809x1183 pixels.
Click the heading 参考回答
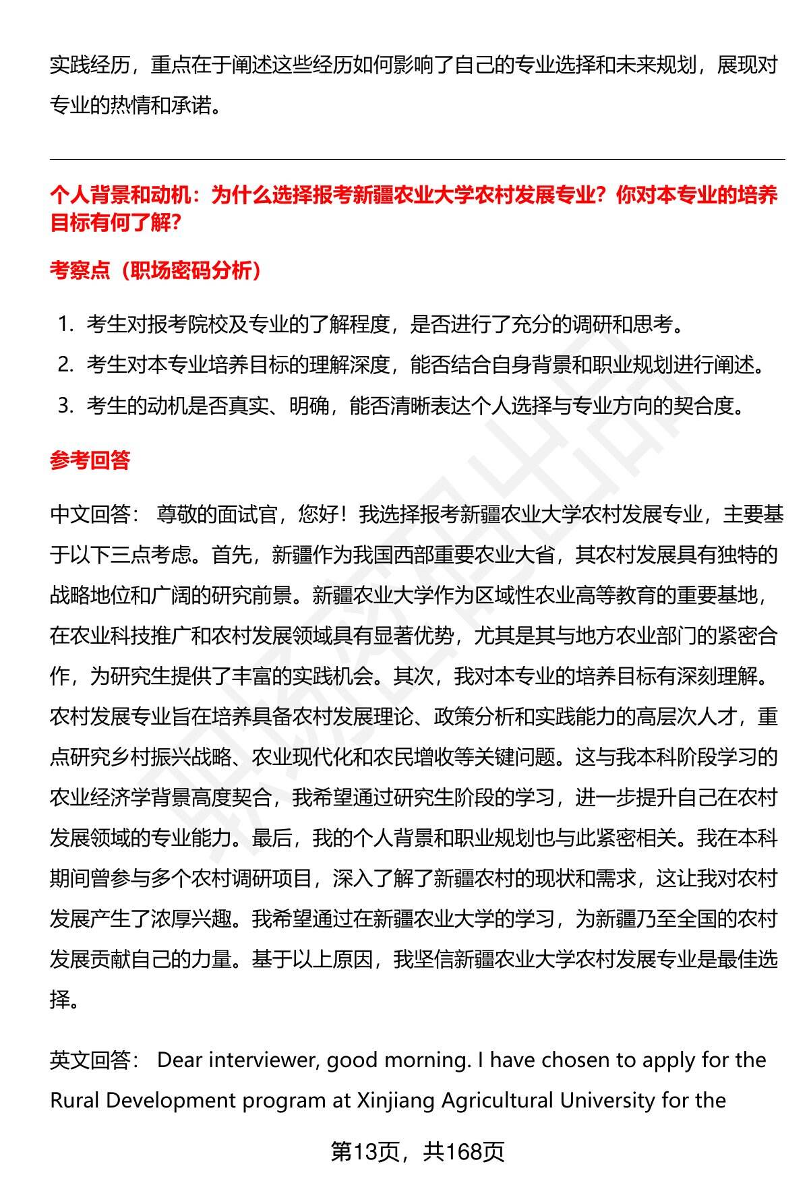pyautogui.click(x=90, y=460)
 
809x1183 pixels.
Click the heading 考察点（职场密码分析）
pyautogui.click(x=156, y=270)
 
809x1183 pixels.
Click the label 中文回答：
pyautogui.click(x=95, y=515)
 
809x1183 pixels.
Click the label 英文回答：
pyautogui.click(x=95, y=1060)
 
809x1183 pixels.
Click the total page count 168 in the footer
pyautogui.click(x=463, y=1152)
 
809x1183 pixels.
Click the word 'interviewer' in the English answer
pyautogui.click(x=263, y=1060)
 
